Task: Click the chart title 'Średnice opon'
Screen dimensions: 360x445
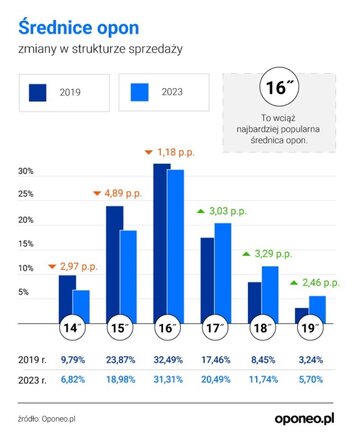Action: click(79, 28)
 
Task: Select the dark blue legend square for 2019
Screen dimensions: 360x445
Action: click(38, 92)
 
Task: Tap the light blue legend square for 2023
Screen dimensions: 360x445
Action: click(140, 92)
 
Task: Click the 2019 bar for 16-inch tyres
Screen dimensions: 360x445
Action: click(162, 244)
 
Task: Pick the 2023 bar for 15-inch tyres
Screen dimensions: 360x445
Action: click(128, 277)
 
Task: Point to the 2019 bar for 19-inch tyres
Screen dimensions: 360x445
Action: click(302, 316)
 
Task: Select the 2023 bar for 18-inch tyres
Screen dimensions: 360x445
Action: click(270, 295)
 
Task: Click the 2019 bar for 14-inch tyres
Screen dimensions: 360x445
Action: click(67, 299)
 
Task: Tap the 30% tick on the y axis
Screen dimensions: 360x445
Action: click(26, 171)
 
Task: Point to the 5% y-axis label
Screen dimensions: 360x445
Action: click(23, 292)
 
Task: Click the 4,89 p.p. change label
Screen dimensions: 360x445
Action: click(123, 193)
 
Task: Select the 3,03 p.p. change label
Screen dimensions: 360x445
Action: click(228, 211)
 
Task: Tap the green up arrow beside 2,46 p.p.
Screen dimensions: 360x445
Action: click(294, 283)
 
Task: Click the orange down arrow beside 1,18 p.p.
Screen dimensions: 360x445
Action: click(149, 152)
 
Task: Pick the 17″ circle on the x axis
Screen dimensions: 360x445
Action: click(214, 328)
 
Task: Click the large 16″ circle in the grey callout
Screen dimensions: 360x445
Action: click(279, 87)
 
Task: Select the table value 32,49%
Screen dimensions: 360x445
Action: click(168, 360)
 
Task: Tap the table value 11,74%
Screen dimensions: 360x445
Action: click(263, 379)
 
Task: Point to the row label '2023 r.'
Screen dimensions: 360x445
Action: click(32, 380)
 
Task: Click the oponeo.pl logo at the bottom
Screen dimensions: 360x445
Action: click(305, 419)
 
